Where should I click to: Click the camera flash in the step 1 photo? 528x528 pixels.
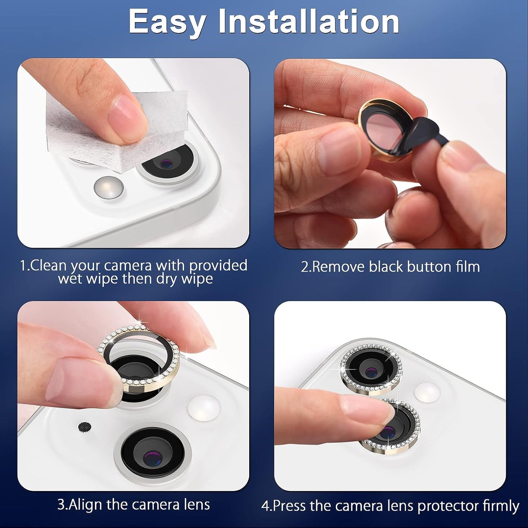108,188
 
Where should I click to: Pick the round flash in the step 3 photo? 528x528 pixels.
203,408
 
